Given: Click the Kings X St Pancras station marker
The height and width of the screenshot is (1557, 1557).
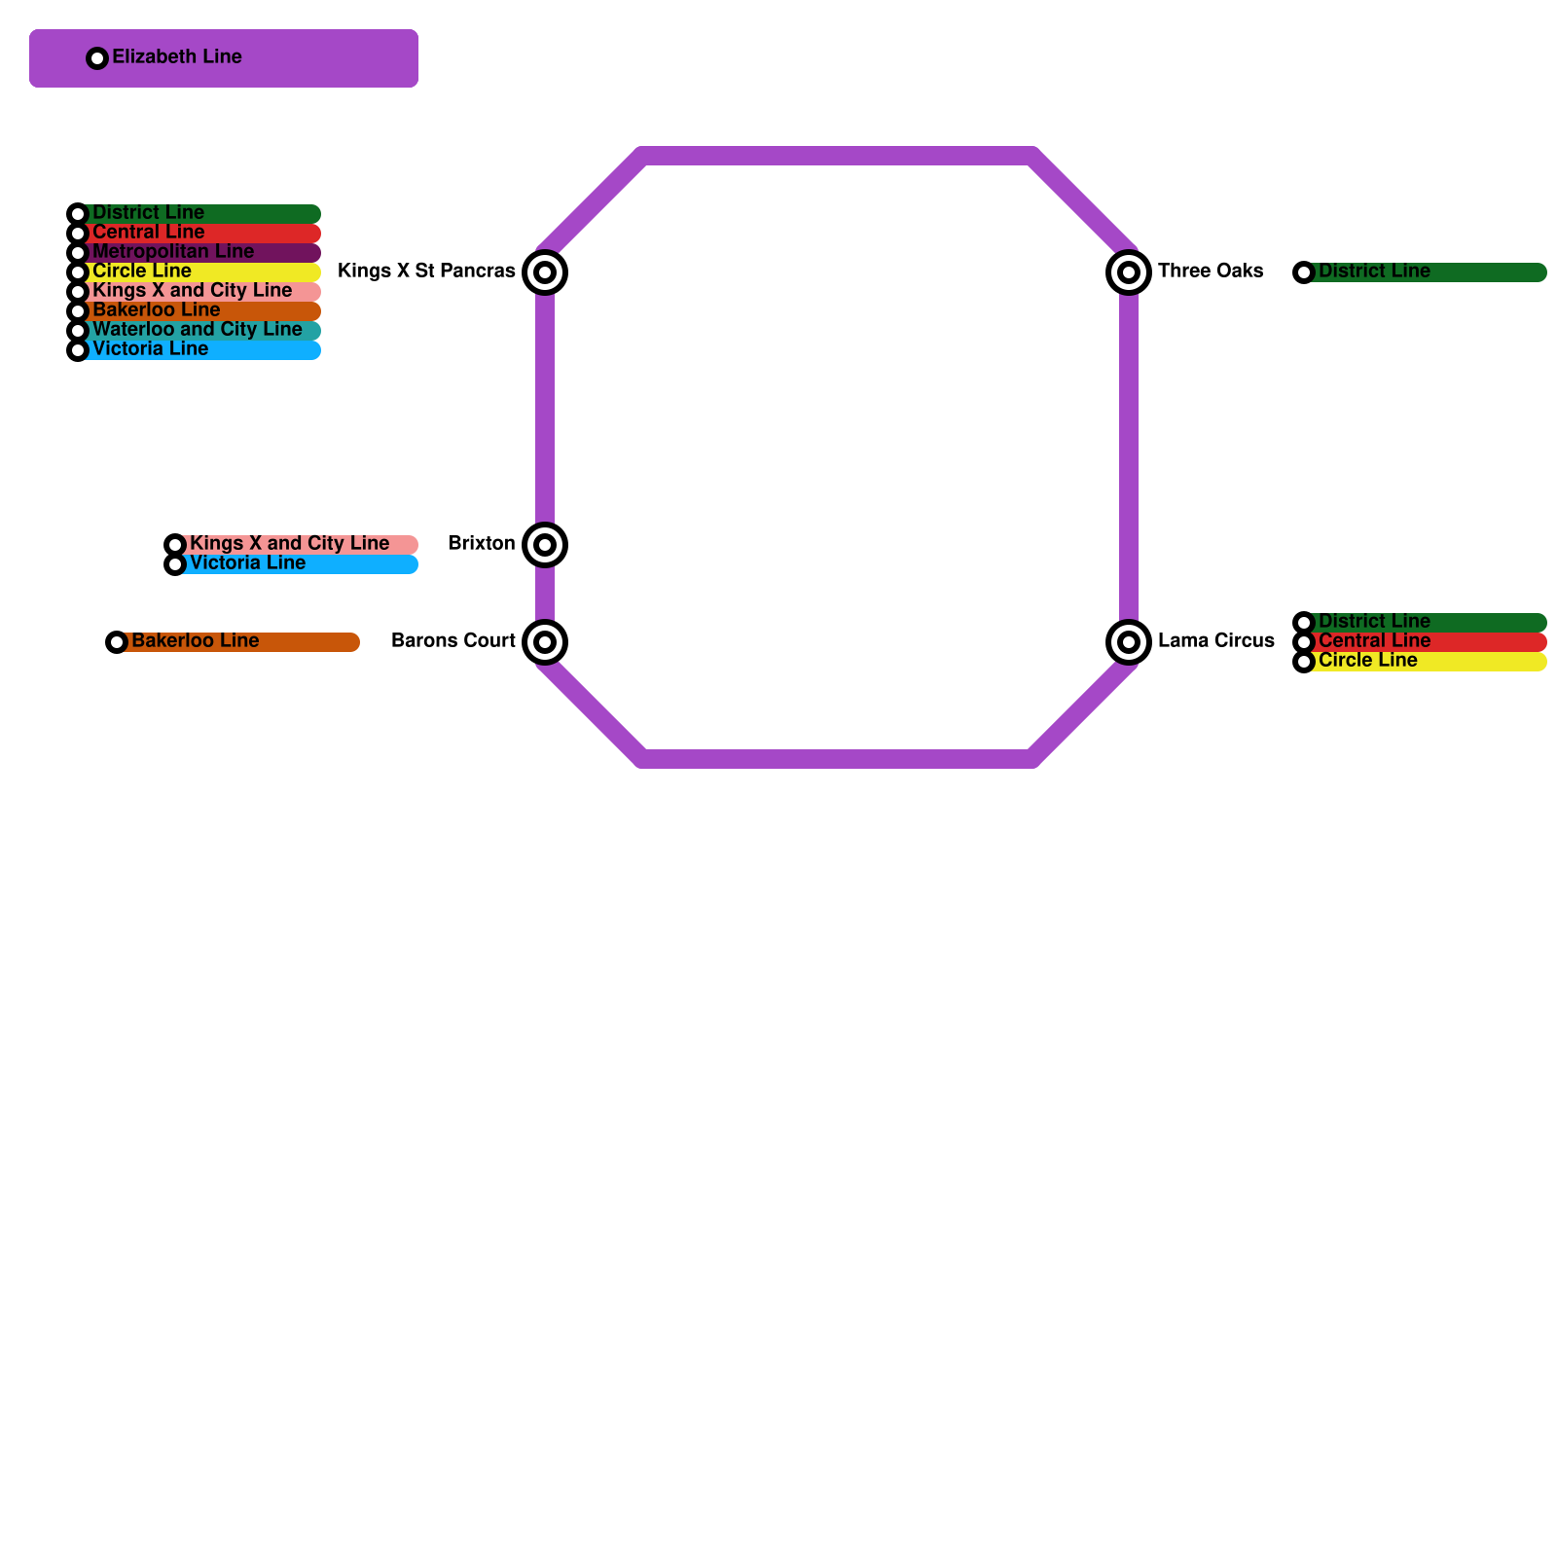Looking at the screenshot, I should [x=545, y=272].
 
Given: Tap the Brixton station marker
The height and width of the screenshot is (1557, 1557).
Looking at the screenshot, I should [x=545, y=545].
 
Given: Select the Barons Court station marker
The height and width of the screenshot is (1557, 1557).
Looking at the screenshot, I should [x=545, y=642].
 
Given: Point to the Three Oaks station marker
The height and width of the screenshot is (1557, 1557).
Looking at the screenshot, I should [x=1129, y=272].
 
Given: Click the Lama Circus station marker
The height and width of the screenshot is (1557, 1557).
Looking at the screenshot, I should [x=1129, y=642].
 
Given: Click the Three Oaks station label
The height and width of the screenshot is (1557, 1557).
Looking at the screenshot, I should [x=1211, y=272].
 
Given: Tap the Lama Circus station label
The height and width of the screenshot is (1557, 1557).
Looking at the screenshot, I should [x=1215, y=641].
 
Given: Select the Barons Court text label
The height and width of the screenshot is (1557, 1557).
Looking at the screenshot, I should [x=453, y=641].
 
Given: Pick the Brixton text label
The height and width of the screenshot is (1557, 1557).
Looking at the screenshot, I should [x=481, y=544].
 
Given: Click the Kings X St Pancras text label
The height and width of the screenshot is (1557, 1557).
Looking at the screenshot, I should [x=426, y=272].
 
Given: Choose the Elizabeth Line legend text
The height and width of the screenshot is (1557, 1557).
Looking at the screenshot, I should [x=177, y=57].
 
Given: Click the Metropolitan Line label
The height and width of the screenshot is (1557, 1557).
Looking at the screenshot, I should [x=173, y=252].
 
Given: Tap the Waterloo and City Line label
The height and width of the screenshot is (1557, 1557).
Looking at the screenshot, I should [x=197, y=330].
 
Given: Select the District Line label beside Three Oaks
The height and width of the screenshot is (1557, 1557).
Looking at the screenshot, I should [x=1374, y=272].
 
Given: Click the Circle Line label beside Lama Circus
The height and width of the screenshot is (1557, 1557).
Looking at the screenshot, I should [x=1367, y=661].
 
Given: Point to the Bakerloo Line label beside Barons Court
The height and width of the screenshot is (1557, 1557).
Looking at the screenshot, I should [x=195, y=641].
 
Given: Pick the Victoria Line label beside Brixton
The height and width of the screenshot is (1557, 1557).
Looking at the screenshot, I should [x=247, y=563].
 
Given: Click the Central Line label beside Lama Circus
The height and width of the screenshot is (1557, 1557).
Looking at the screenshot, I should [x=1374, y=641].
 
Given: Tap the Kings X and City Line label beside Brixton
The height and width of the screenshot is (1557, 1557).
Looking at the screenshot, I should [x=289, y=544].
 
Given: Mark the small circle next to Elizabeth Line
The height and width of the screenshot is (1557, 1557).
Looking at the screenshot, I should [x=97, y=58].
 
